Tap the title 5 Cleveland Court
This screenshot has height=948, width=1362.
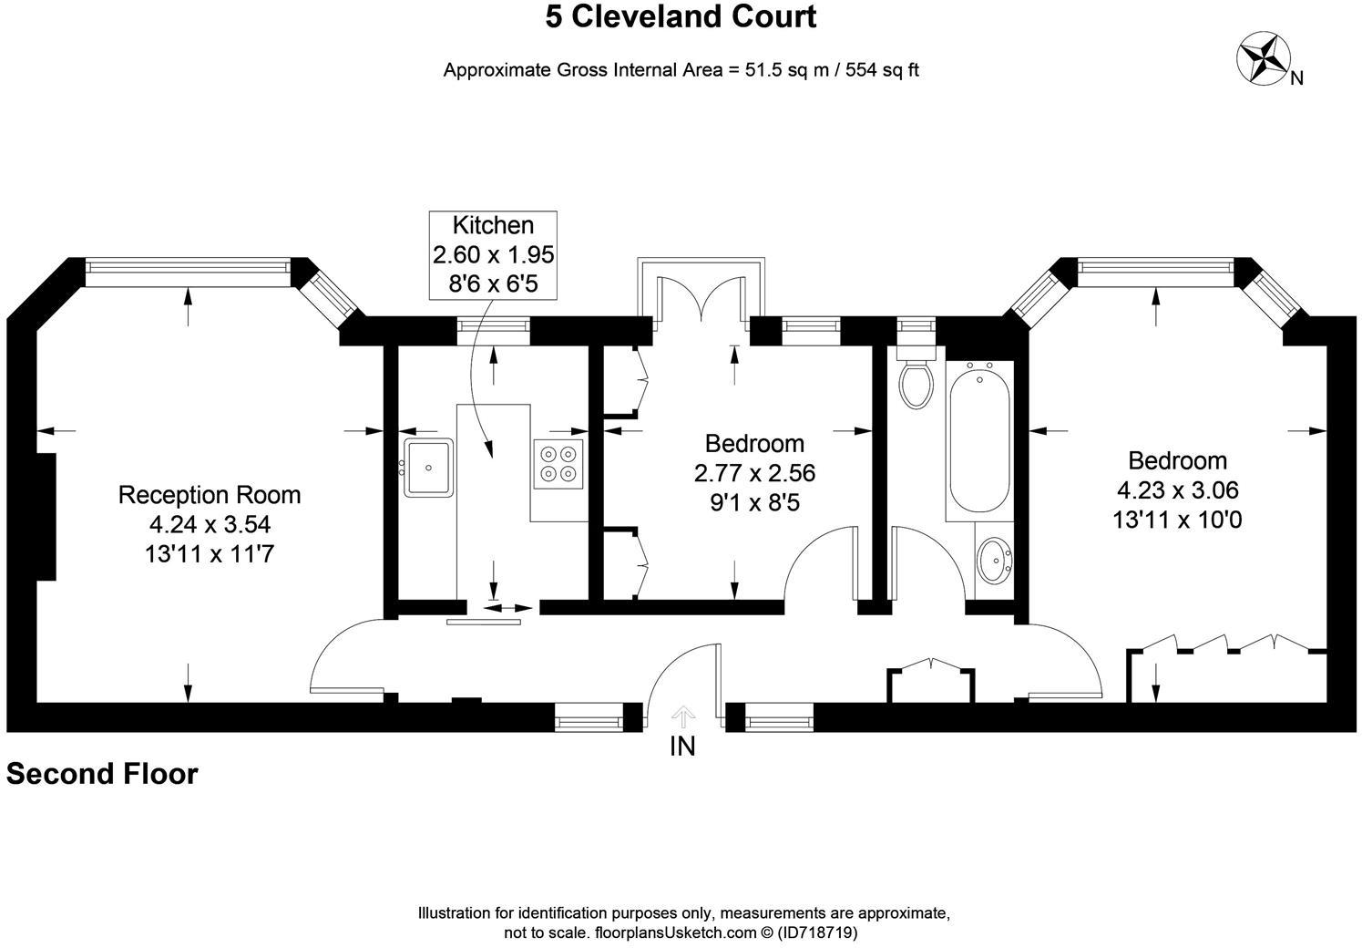pyautogui.click(x=681, y=16)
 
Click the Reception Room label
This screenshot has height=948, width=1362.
pyautogui.click(x=210, y=495)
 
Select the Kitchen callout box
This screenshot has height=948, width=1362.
pyautogui.click(x=493, y=255)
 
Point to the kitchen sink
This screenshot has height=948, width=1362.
pyautogui.click(x=429, y=468)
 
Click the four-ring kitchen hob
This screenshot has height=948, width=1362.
pyautogui.click(x=558, y=464)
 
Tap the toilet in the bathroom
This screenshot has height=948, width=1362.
pyautogui.click(x=917, y=377)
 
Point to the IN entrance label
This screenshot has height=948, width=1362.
pyautogui.click(x=682, y=747)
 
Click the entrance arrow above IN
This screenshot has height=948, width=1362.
pyautogui.click(x=683, y=716)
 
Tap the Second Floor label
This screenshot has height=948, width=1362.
pyautogui.click(x=102, y=774)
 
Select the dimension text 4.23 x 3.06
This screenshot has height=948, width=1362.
pyautogui.click(x=1177, y=489)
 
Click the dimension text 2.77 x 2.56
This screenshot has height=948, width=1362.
pyautogui.click(x=754, y=473)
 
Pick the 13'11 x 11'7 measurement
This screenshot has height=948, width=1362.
pyautogui.click(x=210, y=553)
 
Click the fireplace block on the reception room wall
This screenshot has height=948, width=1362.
pyautogui.click(x=46, y=517)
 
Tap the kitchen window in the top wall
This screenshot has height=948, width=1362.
pyautogui.click(x=493, y=325)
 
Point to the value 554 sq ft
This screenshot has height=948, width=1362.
pyautogui.click(x=882, y=70)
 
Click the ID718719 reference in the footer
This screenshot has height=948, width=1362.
pyautogui.click(x=818, y=933)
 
